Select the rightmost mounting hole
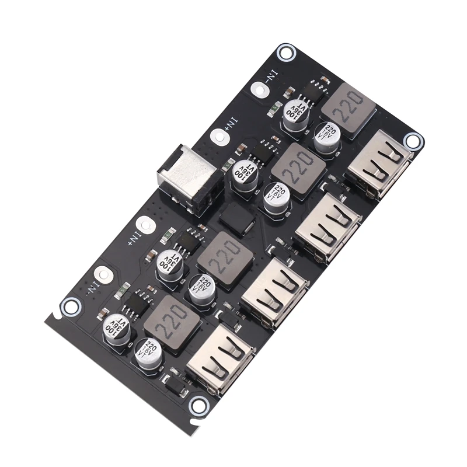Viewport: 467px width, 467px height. pyautogui.click(x=413, y=140)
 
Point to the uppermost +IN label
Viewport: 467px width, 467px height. pyautogui.click(x=232, y=124)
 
